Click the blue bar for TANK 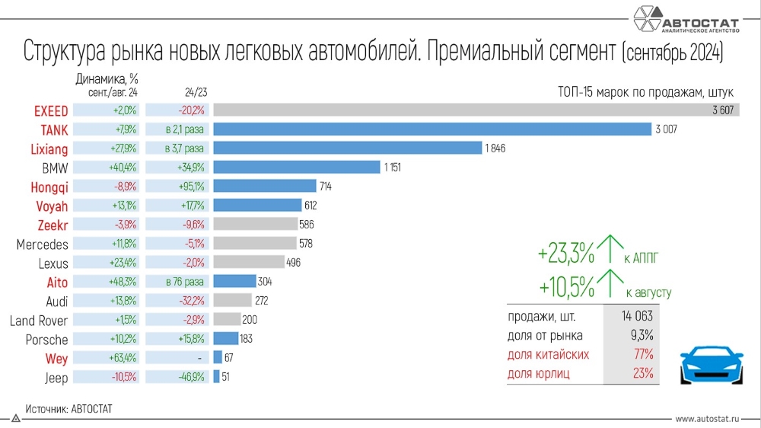point(432,129)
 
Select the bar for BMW point(297,167)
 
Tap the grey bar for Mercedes point(255,244)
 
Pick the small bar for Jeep point(217,377)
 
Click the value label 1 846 point(495,148)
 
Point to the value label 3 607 point(723,110)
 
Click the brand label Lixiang point(49,149)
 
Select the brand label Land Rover point(39,321)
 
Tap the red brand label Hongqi point(49,187)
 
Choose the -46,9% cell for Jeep point(178,377)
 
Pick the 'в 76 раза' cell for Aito point(178,282)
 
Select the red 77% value point(643,355)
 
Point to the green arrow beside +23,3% point(611,251)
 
